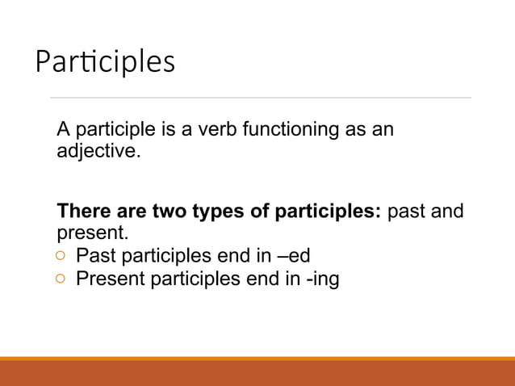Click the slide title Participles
[x=104, y=62]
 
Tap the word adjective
[x=97, y=151]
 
